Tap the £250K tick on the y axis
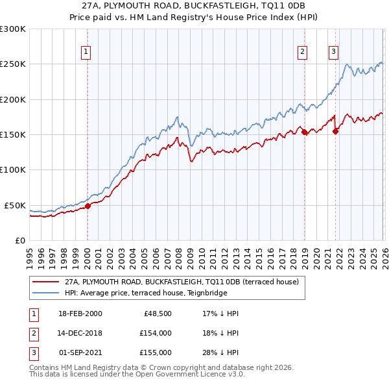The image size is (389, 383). pos(13,64)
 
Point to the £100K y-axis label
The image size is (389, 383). pos(13,169)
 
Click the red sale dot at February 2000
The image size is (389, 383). pos(88,206)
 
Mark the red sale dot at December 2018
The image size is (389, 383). pos(304,132)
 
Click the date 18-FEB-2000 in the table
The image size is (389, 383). pos(80,314)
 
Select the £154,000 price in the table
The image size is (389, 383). pos(156,333)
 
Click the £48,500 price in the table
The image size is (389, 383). pos(158,314)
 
